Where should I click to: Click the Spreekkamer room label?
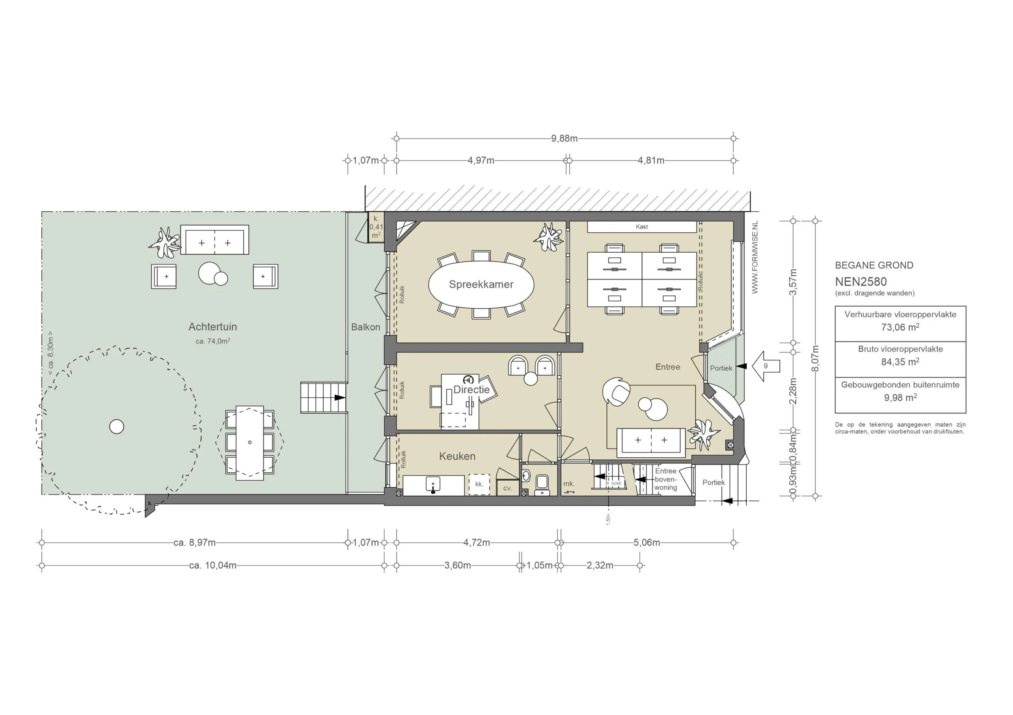coord(481,285)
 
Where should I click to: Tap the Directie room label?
coord(471,390)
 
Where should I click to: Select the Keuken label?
coord(457,456)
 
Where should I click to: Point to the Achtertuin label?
coord(212,326)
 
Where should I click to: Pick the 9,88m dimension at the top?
coord(564,138)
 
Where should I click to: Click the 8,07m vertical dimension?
coord(815,358)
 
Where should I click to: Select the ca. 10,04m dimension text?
coord(212,565)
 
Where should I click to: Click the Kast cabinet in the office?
coord(641,226)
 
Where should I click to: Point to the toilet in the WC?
coord(542,485)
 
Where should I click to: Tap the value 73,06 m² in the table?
coord(900,328)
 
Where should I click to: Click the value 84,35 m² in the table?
coord(900,362)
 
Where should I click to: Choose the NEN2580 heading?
coord(860,282)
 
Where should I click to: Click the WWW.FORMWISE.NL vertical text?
coord(755,258)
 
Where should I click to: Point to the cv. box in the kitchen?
coord(507,489)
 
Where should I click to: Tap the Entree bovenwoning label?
coord(665,479)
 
